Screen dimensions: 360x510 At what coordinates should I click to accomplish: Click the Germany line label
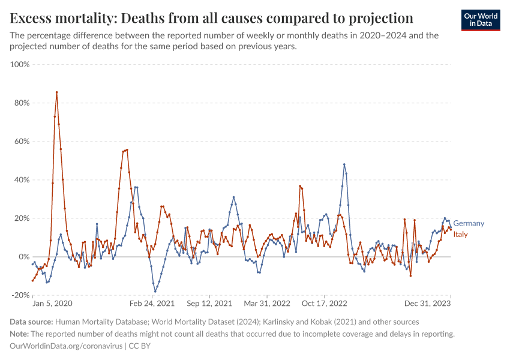[468, 223]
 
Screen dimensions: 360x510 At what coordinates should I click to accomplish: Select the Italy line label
[460, 234]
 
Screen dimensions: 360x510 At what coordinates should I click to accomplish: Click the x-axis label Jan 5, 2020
[52, 304]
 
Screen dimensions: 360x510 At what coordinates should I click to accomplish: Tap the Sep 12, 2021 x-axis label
[209, 304]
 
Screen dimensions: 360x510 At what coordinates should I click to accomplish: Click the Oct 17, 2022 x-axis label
[325, 304]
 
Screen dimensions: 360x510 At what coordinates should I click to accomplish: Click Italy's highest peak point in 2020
[56, 92]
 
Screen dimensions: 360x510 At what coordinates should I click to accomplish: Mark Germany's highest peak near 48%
[344, 164]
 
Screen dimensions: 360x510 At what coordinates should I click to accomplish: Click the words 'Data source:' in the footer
[32, 322]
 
